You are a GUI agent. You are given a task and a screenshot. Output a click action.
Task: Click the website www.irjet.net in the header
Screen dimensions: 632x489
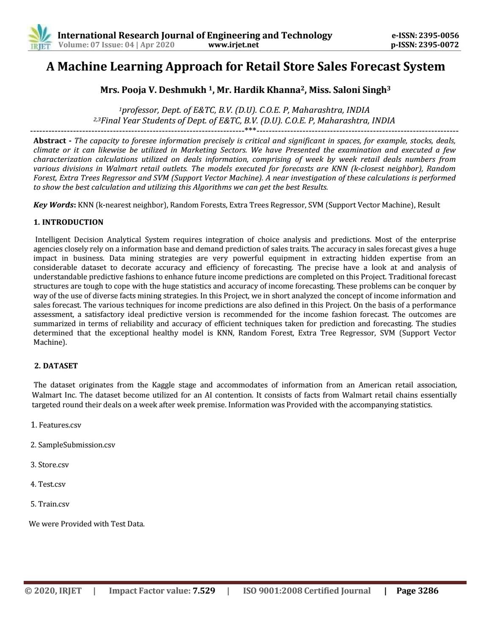[x=234, y=45]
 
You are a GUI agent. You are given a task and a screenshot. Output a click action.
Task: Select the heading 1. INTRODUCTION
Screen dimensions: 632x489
[x=68, y=222]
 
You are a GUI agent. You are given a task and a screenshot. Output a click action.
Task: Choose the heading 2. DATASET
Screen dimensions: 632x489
[x=56, y=366]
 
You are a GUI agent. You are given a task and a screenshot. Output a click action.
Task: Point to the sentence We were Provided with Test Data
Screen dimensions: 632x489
[x=87, y=524]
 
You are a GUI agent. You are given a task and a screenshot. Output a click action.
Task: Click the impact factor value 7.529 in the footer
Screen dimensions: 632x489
[x=204, y=591]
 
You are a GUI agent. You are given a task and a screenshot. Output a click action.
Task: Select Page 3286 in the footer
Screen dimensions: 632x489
[x=417, y=591]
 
